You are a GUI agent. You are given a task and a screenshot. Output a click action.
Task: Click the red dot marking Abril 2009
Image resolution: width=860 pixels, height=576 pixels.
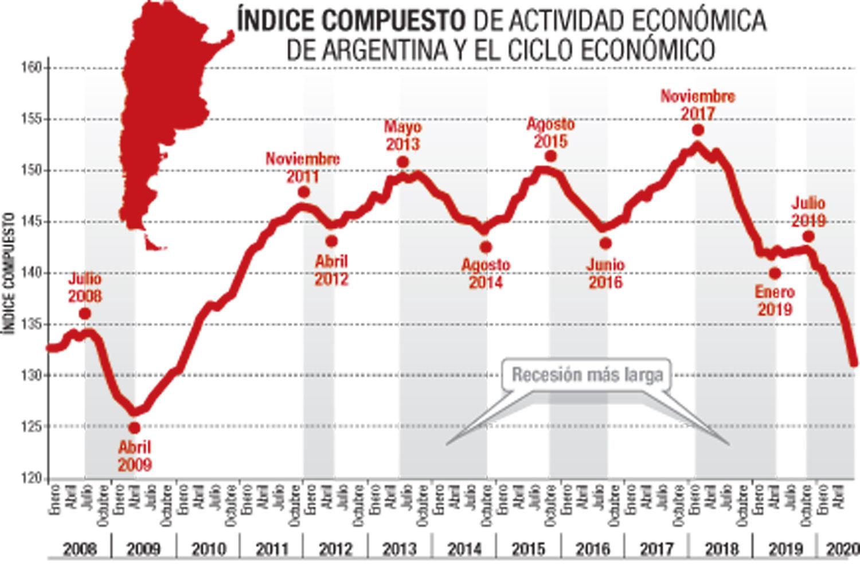click(x=134, y=428)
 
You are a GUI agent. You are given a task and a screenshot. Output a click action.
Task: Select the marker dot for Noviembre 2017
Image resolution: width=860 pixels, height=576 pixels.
click(x=698, y=130)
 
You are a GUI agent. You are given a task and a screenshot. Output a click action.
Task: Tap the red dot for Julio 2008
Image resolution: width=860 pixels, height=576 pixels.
click(x=85, y=314)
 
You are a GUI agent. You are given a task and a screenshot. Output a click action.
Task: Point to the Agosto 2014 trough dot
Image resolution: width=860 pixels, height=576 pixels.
click(x=486, y=247)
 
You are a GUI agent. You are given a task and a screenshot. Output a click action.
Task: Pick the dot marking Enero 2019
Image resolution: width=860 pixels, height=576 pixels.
click(x=775, y=274)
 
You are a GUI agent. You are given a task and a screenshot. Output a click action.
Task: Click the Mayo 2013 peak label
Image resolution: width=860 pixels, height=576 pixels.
click(x=402, y=134)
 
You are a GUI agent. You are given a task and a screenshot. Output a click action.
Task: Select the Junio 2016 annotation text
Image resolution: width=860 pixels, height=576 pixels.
click(x=605, y=273)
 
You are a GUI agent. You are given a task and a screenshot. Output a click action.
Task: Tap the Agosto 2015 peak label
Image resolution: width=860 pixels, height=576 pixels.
click(x=550, y=132)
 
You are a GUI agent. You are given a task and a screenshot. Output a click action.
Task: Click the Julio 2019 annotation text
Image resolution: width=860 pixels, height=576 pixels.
click(x=808, y=211)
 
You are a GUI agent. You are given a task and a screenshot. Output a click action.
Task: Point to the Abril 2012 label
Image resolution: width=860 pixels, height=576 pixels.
click(x=331, y=270)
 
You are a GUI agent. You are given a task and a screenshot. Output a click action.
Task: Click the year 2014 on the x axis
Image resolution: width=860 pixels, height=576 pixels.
click(x=464, y=549)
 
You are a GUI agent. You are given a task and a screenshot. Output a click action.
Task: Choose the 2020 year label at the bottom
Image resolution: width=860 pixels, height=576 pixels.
click(x=842, y=549)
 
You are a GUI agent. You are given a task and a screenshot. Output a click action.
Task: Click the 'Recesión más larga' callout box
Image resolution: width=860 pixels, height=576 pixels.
click(x=587, y=375)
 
